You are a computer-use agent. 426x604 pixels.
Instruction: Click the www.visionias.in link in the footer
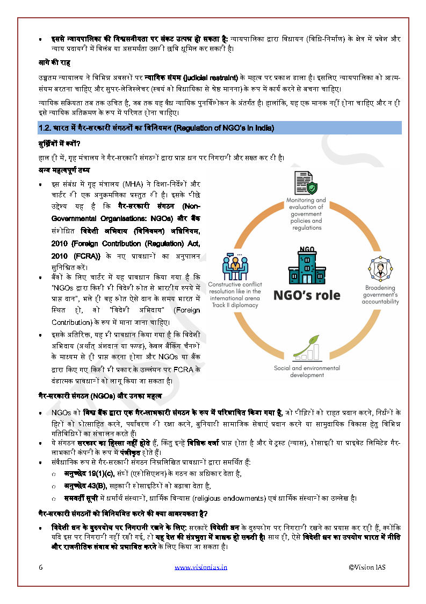(x=201, y=567)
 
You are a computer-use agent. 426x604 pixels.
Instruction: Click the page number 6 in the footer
(x=41, y=567)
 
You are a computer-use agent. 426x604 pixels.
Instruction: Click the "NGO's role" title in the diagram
(x=307, y=295)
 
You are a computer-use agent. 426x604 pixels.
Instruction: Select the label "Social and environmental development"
(x=307, y=371)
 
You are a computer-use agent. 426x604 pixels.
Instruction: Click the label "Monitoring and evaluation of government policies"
(x=306, y=214)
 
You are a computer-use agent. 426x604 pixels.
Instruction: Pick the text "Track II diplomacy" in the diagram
(x=234, y=305)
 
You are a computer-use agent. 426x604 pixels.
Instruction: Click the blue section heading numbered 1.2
(x=156, y=128)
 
